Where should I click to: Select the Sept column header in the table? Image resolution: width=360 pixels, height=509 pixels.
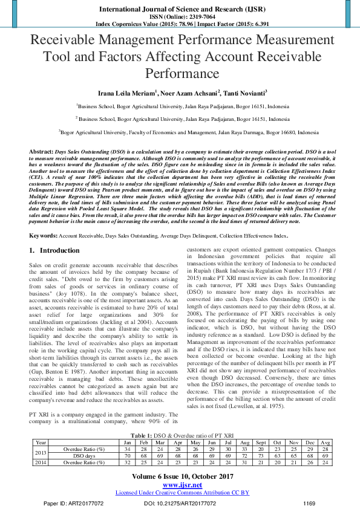point(261,443)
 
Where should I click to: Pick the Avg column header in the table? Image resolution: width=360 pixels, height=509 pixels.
point(326,443)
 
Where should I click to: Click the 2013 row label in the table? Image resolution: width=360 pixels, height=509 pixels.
point(41,452)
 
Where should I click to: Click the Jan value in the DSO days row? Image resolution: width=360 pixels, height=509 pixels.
point(128,456)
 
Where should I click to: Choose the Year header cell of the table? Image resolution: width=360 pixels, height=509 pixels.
point(41,443)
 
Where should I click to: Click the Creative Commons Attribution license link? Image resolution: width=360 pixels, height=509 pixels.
point(182,493)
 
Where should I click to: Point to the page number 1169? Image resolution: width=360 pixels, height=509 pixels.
point(309,503)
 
